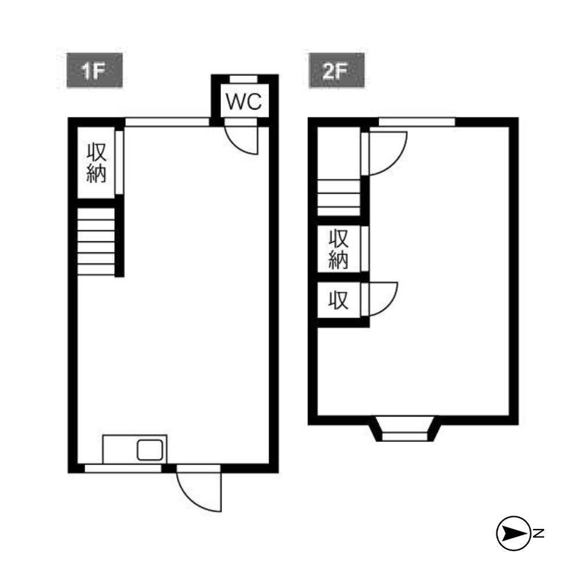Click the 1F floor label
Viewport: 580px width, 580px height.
(95, 70)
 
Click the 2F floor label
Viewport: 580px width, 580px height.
(336, 70)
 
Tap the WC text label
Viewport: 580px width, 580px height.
(244, 101)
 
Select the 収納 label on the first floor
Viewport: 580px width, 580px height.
(96, 163)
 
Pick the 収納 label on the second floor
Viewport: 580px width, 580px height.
(339, 249)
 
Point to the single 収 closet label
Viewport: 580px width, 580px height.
(339, 300)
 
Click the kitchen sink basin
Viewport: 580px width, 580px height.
(150, 450)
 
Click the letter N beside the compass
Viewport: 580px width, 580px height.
(539, 533)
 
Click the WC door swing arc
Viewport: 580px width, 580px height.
(241, 140)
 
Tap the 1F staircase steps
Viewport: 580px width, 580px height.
(96, 242)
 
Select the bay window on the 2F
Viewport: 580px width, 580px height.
(404, 429)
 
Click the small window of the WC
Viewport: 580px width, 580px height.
(244, 79)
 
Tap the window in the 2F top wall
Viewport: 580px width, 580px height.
(417, 122)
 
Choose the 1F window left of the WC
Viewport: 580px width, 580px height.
(167, 122)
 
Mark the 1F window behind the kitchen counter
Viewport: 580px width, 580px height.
(123, 468)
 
